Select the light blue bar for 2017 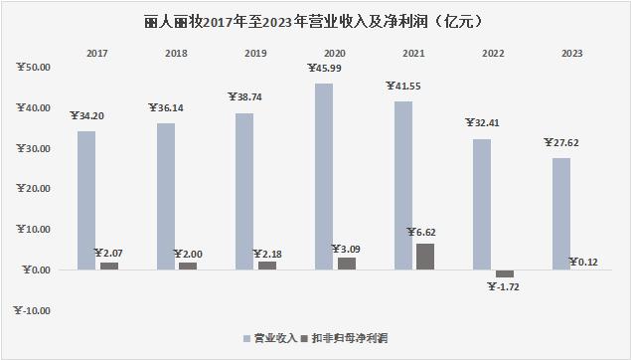[x=87, y=200]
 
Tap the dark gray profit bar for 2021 [x=423, y=257]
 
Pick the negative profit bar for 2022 [x=504, y=273]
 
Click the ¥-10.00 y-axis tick [x=34, y=310]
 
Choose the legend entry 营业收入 [x=273, y=338]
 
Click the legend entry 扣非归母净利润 [x=349, y=338]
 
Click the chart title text [x=315, y=18]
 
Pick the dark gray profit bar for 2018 [x=187, y=266]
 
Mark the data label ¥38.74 [x=246, y=98]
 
